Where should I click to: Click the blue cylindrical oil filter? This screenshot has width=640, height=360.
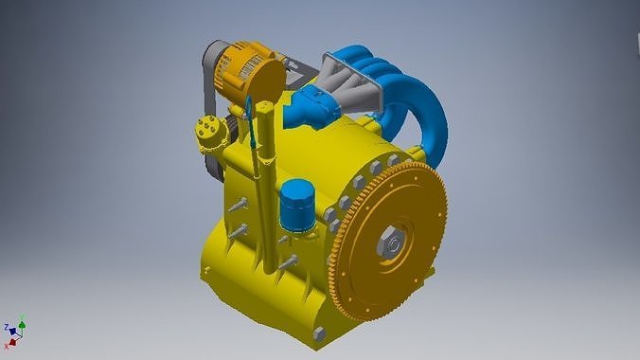coord(296,207)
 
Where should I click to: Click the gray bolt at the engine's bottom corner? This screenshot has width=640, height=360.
coord(318,333)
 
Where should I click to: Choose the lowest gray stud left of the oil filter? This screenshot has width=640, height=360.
coord(285,260)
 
